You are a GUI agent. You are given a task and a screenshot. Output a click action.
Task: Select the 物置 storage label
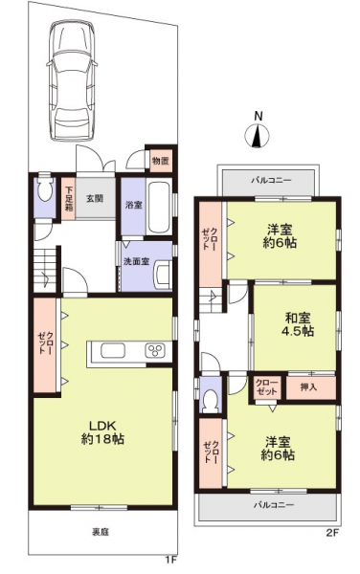161,161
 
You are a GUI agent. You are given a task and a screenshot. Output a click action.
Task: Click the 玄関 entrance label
96,198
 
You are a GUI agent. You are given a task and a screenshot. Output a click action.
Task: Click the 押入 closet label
307,386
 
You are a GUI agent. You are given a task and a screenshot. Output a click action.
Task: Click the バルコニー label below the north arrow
271,179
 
